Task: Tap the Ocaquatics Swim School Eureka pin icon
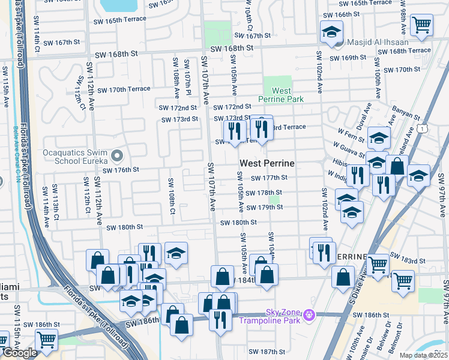tap(117, 157)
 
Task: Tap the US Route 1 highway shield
tap(424, 128)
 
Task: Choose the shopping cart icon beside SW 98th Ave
tap(422, 25)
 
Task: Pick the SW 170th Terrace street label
tap(122, 89)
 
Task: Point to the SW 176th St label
tap(121, 170)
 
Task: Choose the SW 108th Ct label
tap(171, 196)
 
